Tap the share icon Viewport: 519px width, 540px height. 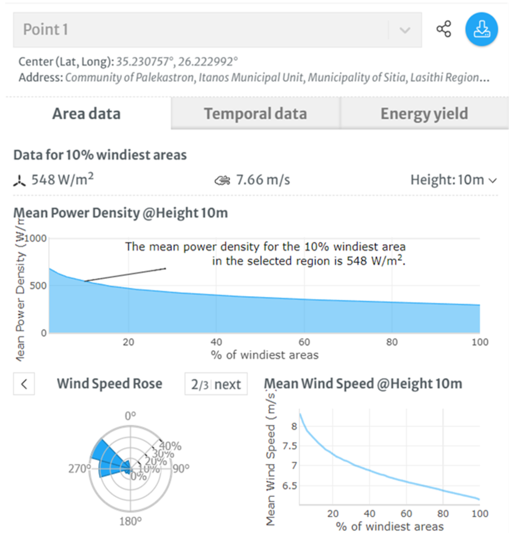[x=444, y=29]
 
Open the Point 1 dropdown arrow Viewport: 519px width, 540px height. [x=405, y=30]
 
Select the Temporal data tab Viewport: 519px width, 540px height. [x=255, y=114]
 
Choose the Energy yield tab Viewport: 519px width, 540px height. [x=424, y=114]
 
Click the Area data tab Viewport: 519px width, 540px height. [x=86, y=114]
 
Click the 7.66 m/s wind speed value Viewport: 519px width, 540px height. [x=263, y=180]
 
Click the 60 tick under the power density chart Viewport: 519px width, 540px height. [x=304, y=342]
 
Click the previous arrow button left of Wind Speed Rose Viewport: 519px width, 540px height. [x=24, y=384]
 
